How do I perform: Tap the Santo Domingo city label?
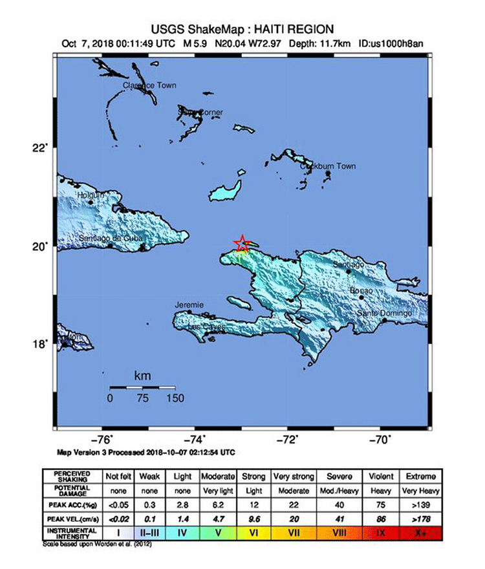(x=385, y=314)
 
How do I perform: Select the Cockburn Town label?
(x=329, y=167)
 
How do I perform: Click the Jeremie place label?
(x=189, y=305)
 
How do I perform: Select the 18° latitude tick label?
(x=41, y=344)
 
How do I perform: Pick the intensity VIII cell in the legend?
(x=339, y=531)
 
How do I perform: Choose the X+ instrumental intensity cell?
(x=420, y=531)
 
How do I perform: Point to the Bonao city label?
(x=362, y=291)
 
